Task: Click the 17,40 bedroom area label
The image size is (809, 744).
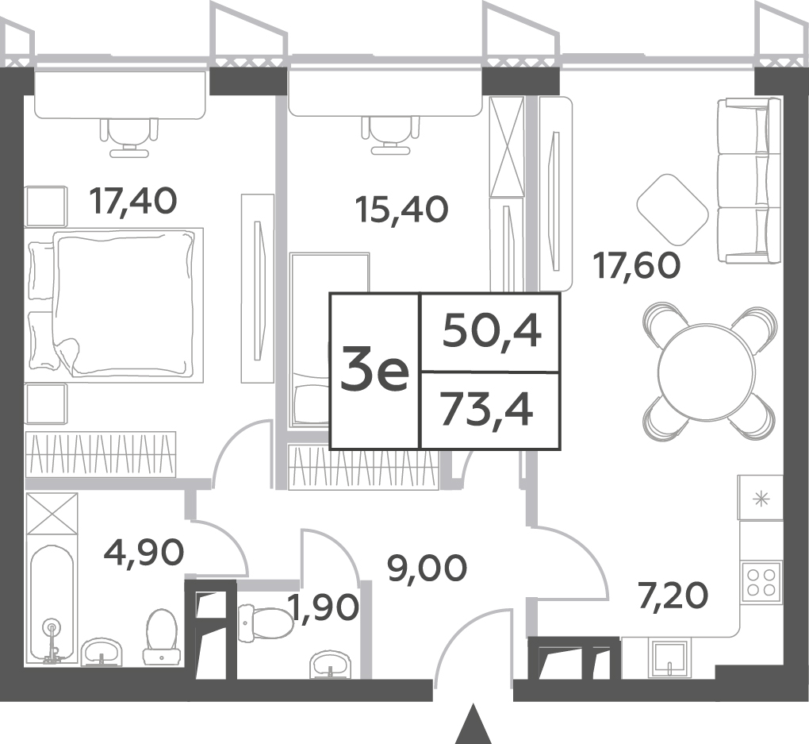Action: pos(133,202)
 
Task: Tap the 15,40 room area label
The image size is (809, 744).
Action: pos(402,210)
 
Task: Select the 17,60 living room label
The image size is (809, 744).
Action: pos(637,265)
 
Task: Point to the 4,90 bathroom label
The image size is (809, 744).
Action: pos(144,552)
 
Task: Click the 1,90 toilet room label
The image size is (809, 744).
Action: pos(324,607)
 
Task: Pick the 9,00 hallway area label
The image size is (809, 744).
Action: pos(428,569)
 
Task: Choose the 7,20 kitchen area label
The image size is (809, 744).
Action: pos(673,596)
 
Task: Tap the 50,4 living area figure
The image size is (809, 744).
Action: pos(492,332)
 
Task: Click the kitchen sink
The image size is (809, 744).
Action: pos(669,659)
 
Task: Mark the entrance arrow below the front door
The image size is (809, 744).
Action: pos(474,723)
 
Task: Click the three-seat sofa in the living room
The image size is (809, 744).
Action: pos(750,181)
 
